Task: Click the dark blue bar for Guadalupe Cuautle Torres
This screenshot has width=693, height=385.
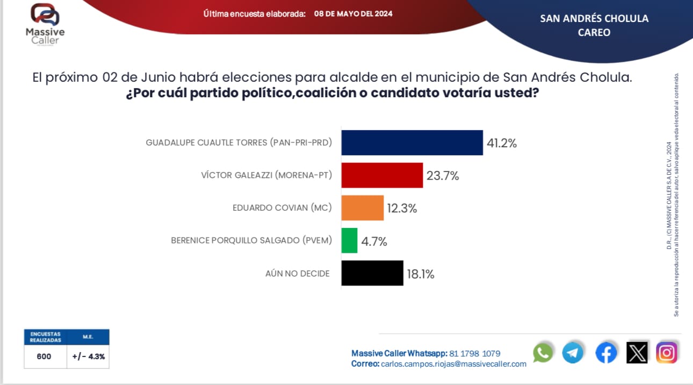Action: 412,142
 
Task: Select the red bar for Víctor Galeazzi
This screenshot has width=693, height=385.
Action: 382,175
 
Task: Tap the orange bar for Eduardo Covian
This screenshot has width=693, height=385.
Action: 363,208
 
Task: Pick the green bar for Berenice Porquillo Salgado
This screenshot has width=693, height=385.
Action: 349,240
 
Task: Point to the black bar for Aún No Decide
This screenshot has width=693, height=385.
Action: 372,273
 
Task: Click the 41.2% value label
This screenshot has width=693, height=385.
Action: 501,144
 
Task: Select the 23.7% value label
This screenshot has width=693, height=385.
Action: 443,176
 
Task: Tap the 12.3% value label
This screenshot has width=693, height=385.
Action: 401,209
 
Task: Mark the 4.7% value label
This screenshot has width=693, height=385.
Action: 374,241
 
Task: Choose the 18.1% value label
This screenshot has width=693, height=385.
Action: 420,274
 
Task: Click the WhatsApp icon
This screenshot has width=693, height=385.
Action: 543,353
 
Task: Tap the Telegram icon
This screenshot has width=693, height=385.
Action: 573,353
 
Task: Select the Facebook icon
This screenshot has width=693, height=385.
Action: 606,353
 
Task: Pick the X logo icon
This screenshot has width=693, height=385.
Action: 637,353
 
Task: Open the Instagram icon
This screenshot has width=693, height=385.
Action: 667,353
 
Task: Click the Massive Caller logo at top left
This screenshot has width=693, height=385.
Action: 45,24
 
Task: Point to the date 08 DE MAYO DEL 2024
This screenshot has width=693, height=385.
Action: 353,13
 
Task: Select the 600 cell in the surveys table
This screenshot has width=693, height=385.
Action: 44,356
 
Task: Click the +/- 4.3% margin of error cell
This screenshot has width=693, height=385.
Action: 88,356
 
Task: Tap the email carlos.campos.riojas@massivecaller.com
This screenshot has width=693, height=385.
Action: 453,364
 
